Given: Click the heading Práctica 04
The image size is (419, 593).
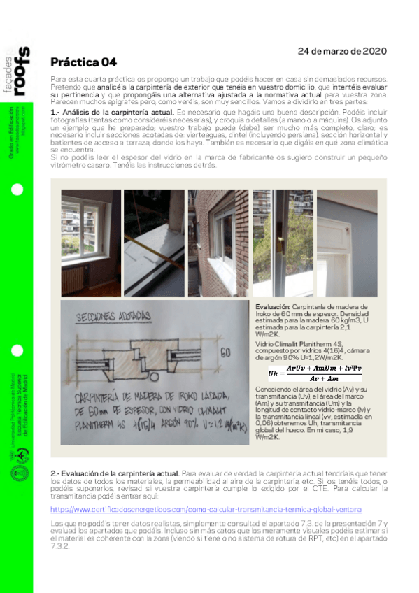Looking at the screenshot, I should pos(78,62).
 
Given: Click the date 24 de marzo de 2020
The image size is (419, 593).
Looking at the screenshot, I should pos(342,51).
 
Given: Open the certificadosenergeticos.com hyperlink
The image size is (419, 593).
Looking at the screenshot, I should pos(206,510).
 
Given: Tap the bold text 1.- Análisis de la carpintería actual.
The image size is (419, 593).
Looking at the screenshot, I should pos(112,113).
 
